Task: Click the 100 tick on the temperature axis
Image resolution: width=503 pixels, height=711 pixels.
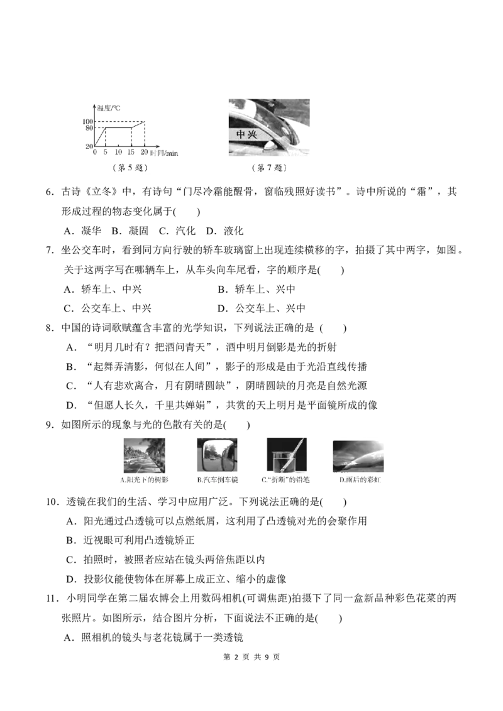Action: (x=87, y=121)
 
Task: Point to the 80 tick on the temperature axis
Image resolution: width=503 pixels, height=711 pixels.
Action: (x=89, y=128)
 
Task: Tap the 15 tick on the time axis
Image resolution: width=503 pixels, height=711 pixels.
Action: (x=131, y=153)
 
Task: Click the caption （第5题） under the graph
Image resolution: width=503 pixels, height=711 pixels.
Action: (x=130, y=168)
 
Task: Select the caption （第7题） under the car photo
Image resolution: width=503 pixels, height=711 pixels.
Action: (x=269, y=168)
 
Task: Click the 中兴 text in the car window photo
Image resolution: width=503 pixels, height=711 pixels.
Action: (x=246, y=134)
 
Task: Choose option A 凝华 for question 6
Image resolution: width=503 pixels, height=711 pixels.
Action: (x=82, y=231)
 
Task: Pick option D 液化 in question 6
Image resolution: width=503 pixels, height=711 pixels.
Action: (x=224, y=231)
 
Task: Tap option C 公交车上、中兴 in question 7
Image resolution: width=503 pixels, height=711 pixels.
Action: (x=108, y=309)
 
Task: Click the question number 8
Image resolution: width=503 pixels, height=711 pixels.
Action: (x=50, y=328)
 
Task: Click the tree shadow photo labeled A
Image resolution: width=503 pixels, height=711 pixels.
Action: (x=144, y=456)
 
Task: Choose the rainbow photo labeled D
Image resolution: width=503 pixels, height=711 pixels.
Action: (x=358, y=457)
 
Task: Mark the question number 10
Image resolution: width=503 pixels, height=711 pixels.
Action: (x=53, y=502)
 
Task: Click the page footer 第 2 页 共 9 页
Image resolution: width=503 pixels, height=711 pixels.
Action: (x=251, y=656)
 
